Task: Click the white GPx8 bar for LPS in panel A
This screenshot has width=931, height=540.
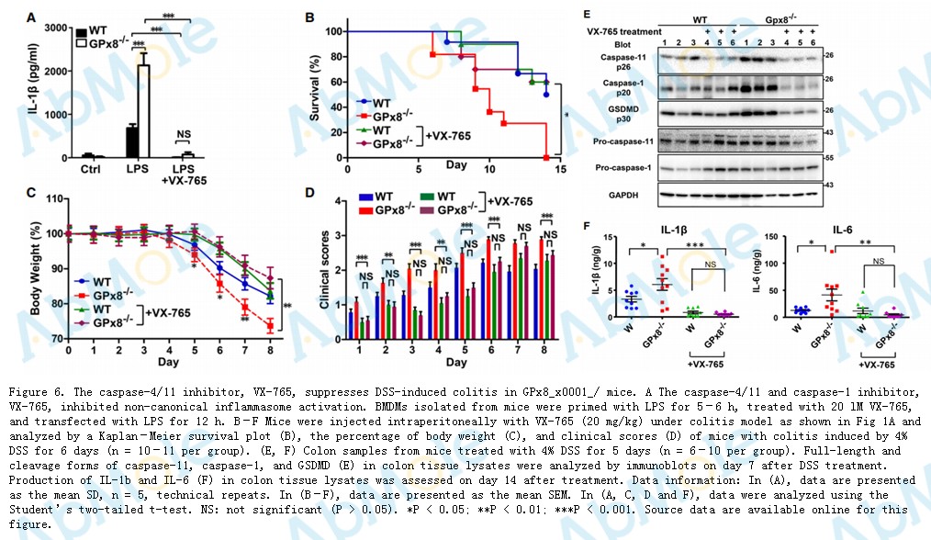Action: [143, 111]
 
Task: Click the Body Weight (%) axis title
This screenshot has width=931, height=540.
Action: [34, 267]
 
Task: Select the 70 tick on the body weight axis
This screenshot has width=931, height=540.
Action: [55, 338]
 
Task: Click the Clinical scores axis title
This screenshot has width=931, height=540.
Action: [312, 267]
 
